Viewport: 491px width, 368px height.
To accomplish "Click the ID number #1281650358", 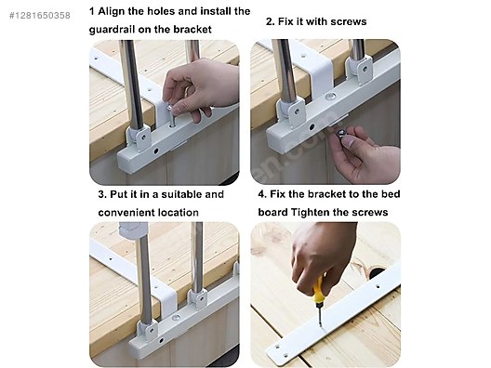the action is tap(40, 15).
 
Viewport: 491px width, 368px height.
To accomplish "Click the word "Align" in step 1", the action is tap(112, 11).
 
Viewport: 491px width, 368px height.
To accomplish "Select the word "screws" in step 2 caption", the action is tap(349, 21).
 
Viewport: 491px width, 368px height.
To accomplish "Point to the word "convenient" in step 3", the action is tap(126, 213).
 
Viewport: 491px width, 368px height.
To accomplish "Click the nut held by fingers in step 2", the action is tap(340, 134).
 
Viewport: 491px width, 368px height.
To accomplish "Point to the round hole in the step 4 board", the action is tap(377, 273).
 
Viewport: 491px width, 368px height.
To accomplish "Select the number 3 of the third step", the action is tap(101, 194).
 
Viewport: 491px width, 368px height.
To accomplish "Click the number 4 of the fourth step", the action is tap(262, 194).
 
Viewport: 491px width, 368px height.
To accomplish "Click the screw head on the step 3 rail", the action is tap(176, 318).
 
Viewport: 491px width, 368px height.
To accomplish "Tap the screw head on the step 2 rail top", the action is tap(330, 96).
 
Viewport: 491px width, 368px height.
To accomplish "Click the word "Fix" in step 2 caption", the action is tap(285, 21).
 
